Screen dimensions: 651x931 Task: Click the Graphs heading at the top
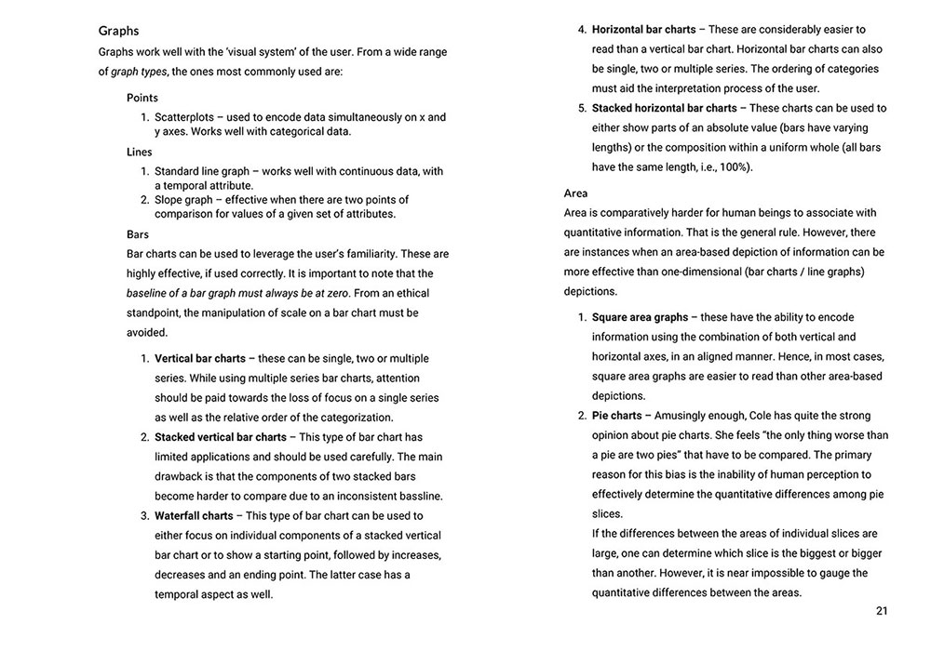118,31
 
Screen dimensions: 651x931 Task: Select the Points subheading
142,98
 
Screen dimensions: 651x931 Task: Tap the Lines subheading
140,152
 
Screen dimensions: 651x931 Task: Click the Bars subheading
138,234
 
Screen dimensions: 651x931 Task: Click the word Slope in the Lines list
170,200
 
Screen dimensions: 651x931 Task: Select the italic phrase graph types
140,72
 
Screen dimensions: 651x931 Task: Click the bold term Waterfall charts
194,515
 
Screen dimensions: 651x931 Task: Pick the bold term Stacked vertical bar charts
221,437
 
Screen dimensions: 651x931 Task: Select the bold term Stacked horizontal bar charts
664,108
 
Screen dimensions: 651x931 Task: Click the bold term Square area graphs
640,317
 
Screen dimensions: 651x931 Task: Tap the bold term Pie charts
616,415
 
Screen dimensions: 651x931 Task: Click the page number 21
882,610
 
